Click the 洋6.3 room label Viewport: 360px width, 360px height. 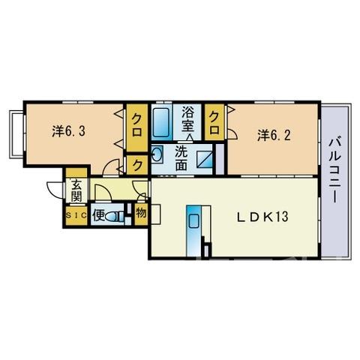69,131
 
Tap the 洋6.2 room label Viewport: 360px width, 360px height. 274,135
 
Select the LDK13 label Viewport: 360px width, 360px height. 262,217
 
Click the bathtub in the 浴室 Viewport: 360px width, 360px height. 160,122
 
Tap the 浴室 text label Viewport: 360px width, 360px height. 187,119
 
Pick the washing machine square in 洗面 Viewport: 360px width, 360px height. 204,159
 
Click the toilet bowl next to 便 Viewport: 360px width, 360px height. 115,217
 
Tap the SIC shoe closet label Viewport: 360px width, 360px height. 76,215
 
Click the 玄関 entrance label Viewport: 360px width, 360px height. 76,190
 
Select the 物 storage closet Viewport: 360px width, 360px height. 141,214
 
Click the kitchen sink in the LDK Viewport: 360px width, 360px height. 193,221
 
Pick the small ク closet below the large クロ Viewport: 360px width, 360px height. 137,165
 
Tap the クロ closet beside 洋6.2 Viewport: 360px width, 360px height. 214,122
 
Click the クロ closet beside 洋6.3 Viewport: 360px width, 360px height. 136,128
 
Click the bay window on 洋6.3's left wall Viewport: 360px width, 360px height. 17,134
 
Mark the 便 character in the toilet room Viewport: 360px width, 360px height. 98,216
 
